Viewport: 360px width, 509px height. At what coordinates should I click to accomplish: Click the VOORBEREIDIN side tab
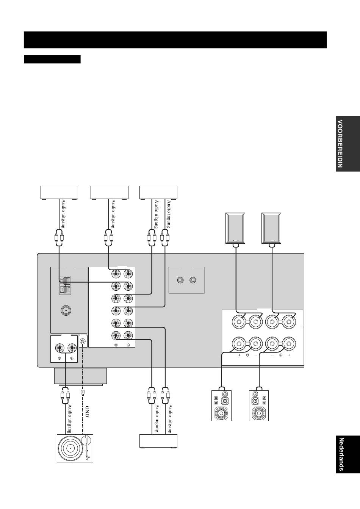348,144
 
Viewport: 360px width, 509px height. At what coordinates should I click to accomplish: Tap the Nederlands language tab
348,454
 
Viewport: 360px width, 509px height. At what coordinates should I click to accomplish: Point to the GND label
87,412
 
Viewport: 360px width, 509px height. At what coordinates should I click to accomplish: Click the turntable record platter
70,448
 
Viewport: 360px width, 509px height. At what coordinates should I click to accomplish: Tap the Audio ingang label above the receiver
169,214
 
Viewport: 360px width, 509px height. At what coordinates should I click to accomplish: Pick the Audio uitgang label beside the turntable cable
70,419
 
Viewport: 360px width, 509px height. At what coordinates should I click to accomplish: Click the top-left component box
59,193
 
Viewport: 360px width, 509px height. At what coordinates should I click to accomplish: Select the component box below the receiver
158,441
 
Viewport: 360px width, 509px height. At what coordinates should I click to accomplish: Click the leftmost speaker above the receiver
235,228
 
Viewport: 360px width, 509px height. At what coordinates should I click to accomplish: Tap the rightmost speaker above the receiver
271,228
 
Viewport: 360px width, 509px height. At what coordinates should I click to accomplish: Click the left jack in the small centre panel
180,280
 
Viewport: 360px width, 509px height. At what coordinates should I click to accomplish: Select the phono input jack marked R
60,348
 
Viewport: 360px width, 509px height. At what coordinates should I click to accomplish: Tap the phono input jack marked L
72,348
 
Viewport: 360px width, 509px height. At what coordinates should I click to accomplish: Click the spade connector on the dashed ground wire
83,392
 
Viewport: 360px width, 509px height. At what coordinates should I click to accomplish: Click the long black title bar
175,40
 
